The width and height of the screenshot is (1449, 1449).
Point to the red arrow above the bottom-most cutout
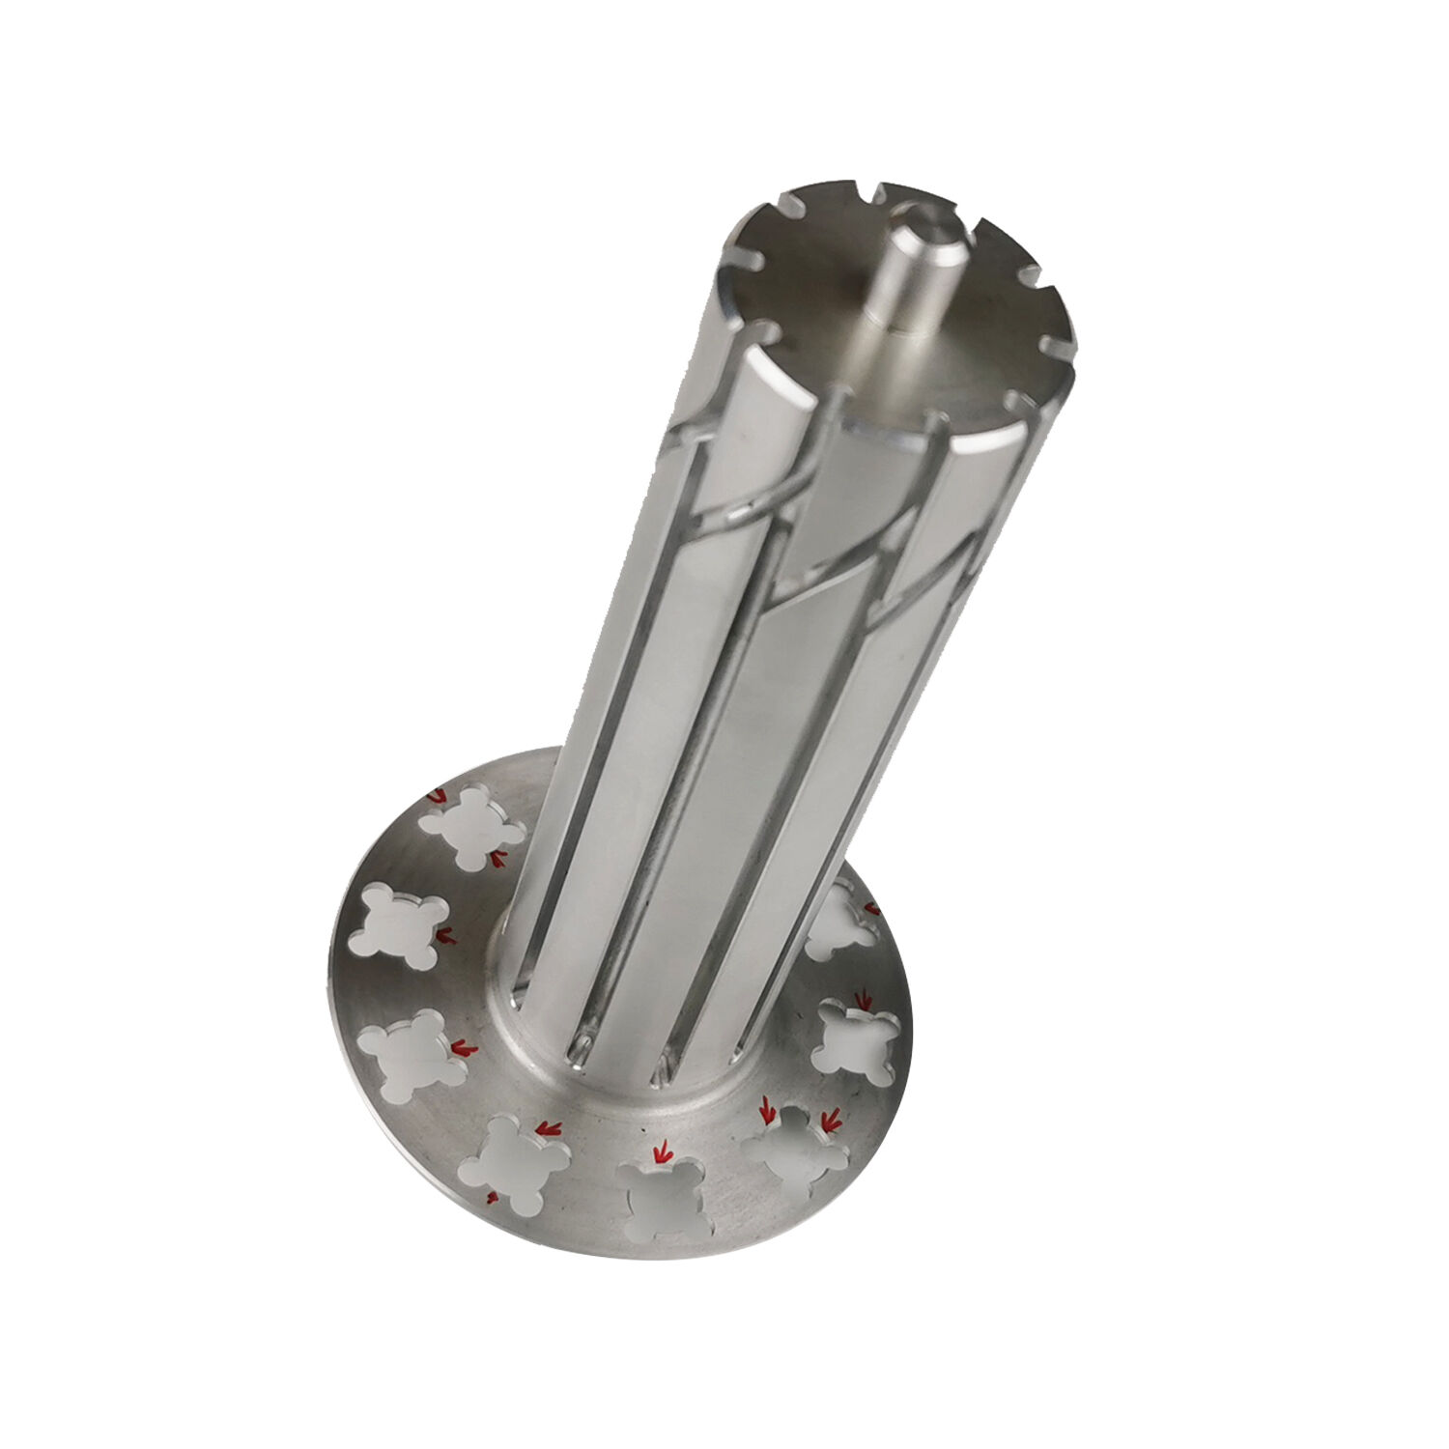pyautogui.click(x=662, y=1152)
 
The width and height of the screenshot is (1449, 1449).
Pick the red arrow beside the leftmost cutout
pyautogui.click(x=446, y=936)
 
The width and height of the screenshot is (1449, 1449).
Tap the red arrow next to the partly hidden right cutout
pyautogui.click(x=871, y=908)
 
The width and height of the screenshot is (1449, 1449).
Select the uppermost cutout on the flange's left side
pyautogui.click(x=470, y=826)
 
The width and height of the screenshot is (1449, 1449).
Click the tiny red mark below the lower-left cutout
pyautogui.click(x=492, y=1198)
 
